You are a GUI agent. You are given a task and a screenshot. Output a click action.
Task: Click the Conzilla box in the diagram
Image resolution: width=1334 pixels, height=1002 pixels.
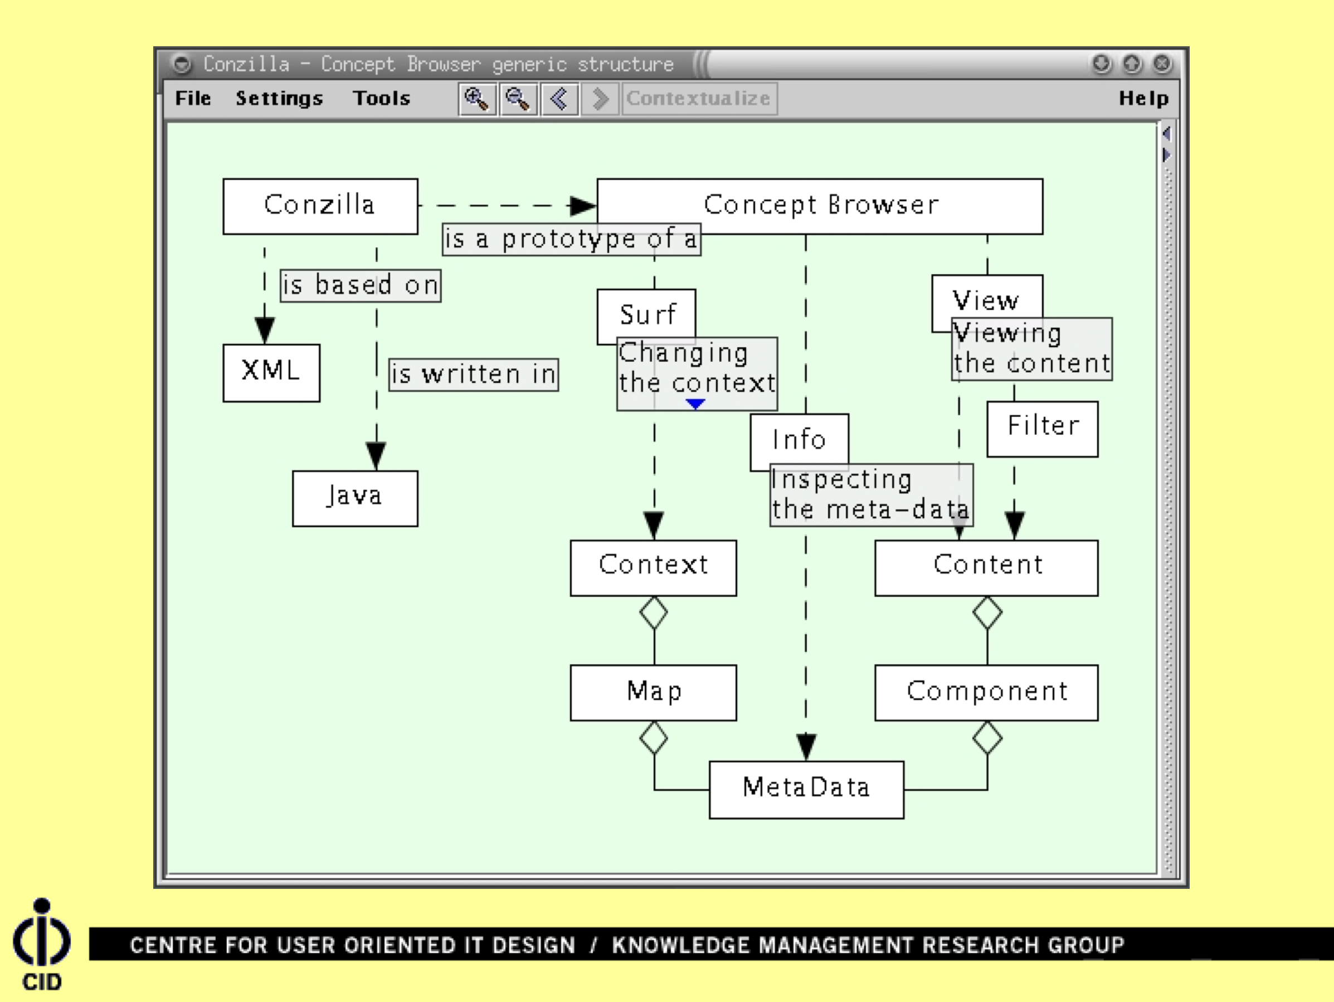(x=320, y=206)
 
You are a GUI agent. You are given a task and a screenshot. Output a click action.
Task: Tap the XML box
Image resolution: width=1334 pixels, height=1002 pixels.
(x=271, y=372)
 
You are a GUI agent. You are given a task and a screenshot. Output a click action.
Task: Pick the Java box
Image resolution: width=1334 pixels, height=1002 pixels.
(x=354, y=498)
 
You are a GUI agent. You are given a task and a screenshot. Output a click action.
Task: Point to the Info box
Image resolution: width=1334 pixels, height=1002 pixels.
(x=799, y=439)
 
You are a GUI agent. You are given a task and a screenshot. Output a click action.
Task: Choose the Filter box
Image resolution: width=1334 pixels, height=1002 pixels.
(x=1042, y=429)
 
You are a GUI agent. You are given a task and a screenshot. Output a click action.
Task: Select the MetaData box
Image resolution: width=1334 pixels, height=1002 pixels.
(x=806, y=789)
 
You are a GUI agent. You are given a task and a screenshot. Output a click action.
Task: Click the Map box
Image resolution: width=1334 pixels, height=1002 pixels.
(x=653, y=692)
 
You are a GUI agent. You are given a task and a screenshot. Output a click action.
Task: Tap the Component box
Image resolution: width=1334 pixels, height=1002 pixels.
(x=986, y=692)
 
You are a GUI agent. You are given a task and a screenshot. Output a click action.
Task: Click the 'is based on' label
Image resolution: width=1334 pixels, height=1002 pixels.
(x=360, y=285)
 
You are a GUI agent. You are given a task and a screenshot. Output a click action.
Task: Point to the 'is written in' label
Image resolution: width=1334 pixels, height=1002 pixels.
(x=473, y=374)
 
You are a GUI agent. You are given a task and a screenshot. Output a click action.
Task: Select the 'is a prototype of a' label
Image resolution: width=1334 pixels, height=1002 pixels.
(x=571, y=240)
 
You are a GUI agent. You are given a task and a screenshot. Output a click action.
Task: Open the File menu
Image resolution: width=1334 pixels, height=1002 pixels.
(x=193, y=98)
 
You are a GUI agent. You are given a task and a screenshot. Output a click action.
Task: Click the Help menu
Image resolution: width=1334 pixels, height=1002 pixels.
(x=1143, y=98)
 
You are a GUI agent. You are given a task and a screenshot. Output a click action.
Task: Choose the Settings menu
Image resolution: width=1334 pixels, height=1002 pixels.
(x=279, y=98)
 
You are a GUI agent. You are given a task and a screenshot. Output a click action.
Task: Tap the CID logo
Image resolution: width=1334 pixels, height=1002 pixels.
(x=42, y=944)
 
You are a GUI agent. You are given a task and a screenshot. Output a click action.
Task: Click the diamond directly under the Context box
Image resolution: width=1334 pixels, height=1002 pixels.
(x=653, y=612)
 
